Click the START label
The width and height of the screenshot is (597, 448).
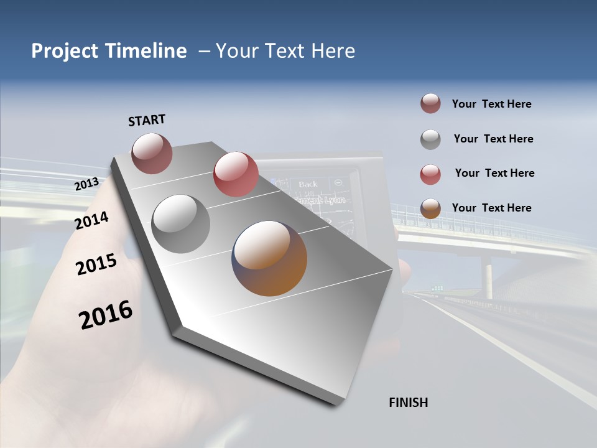147,120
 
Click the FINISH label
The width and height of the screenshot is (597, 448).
408,403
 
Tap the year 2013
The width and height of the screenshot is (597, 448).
86,184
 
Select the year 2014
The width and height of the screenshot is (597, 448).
92,220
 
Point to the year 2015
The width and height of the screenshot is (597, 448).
96,264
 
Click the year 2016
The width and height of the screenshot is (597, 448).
106,314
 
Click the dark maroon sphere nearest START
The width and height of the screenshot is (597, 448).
152,153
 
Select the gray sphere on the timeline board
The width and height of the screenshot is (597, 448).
180,223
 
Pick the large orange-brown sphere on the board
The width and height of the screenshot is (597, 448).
269,258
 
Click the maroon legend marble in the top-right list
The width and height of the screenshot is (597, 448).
430,104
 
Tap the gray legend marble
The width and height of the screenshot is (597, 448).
430,139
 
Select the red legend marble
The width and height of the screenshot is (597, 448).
430,174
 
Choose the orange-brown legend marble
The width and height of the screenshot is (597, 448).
430,208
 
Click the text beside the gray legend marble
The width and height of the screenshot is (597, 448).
493,139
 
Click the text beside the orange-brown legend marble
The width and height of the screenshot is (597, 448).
491,208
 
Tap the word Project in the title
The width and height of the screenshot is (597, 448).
65,51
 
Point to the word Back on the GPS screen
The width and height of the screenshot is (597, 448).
308,184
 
